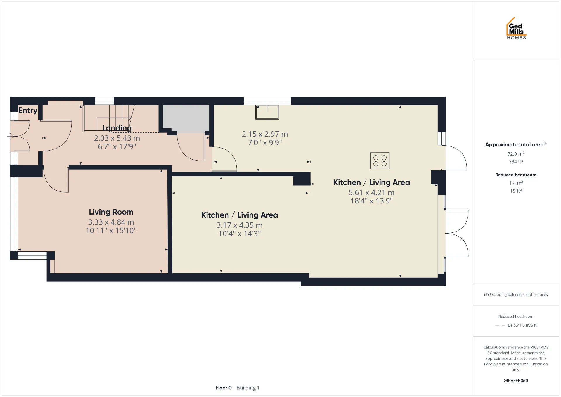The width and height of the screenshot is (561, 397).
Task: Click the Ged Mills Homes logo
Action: pyautogui.click(x=516, y=28)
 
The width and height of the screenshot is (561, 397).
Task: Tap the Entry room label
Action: pyautogui.click(x=28, y=110)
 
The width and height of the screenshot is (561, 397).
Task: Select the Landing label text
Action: pyautogui.click(x=117, y=128)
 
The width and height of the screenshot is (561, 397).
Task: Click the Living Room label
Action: pyautogui.click(x=111, y=212)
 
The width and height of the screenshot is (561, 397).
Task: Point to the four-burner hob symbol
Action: pyautogui.click(x=380, y=160)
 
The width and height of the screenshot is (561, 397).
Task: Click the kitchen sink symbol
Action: pyautogui.click(x=267, y=112)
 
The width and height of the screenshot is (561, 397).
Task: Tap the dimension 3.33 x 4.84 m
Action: pyautogui.click(x=111, y=222)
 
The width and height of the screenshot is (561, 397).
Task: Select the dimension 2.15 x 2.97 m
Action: pyautogui.click(x=265, y=134)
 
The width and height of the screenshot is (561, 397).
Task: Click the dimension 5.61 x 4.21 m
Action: pyautogui.click(x=371, y=192)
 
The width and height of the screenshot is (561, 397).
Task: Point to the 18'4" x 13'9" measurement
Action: pyautogui.click(x=371, y=201)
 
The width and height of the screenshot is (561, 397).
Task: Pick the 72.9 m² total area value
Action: pyautogui.click(x=516, y=153)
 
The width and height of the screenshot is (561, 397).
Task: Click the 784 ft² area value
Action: pyautogui.click(x=516, y=161)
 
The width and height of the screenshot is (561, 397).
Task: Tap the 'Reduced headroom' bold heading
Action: pyautogui.click(x=516, y=175)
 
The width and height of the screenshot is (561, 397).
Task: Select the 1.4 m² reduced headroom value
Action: pyautogui.click(x=516, y=183)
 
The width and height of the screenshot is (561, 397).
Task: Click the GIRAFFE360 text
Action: pyautogui.click(x=516, y=380)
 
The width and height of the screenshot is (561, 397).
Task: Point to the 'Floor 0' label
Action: pyautogui.click(x=224, y=388)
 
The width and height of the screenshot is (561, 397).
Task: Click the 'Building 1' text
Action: pyautogui.click(x=248, y=388)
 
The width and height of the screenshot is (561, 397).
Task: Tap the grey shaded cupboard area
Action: pyautogui.click(x=186, y=118)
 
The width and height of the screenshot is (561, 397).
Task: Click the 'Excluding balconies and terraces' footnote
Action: pyautogui.click(x=516, y=294)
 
